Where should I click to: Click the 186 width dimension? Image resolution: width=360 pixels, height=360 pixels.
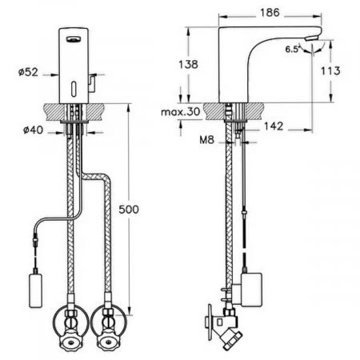[270, 13]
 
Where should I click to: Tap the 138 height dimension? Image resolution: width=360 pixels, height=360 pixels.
[188, 64]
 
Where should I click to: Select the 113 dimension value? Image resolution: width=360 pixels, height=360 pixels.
[330, 70]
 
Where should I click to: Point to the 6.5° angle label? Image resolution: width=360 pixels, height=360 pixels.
[292, 50]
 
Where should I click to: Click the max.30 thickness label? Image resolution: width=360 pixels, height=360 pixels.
[181, 112]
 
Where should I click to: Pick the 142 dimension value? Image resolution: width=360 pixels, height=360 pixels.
[274, 126]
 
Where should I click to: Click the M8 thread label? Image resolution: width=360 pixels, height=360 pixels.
[206, 140]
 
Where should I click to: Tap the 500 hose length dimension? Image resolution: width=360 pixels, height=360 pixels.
[129, 210]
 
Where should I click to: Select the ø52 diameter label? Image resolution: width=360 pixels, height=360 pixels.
[28, 72]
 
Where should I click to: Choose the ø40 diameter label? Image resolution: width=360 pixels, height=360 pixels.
[33, 130]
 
